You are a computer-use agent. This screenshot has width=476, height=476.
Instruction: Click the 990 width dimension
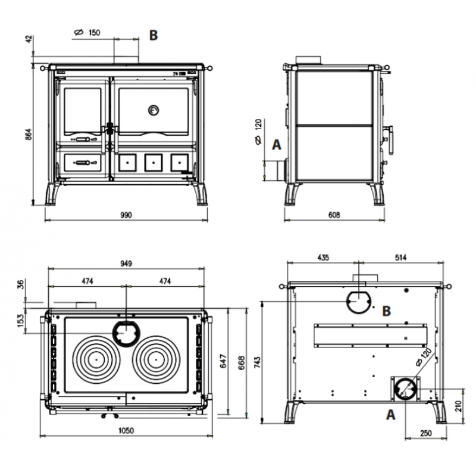click(126, 215)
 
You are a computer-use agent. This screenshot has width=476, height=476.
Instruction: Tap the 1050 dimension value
click(126, 430)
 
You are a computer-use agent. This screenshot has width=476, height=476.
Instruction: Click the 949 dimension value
click(126, 264)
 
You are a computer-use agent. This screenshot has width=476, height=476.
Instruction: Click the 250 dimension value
click(426, 434)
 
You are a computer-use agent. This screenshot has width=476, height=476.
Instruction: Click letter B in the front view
click(154, 35)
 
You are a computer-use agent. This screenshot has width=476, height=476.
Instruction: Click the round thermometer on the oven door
click(153, 110)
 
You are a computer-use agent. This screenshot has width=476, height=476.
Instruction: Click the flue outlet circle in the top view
click(126, 333)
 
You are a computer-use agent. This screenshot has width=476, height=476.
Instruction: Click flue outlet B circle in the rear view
click(358, 302)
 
